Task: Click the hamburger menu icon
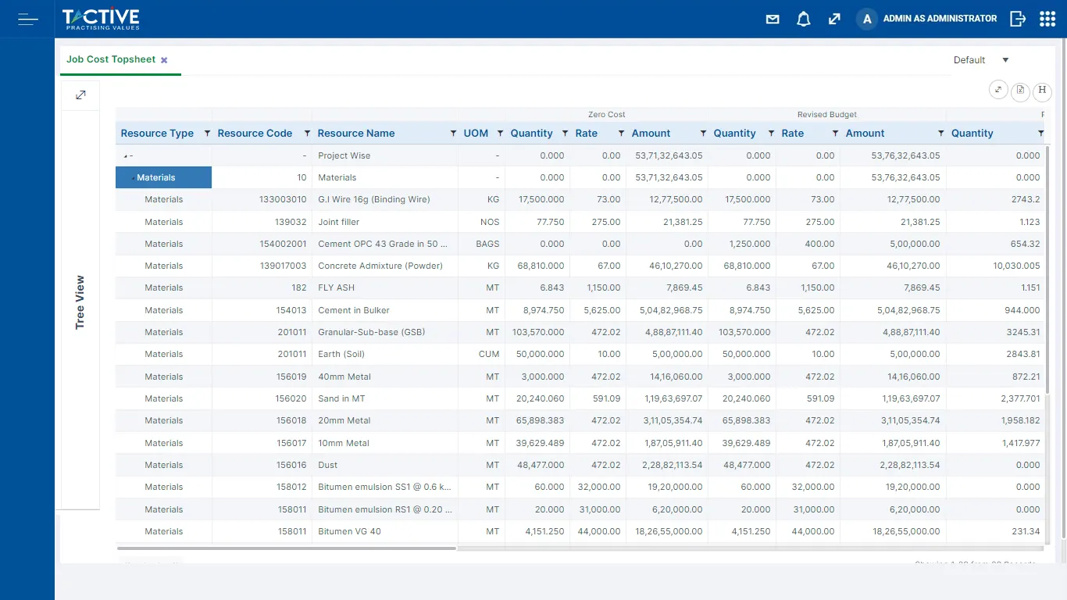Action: pos(28,19)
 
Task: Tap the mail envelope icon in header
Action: pos(773,19)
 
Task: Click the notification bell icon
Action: pos(803,19)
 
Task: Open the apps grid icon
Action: pos(1047,19)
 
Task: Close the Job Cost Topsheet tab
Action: pos(164,60)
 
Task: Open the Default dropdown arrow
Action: pos(1005,60)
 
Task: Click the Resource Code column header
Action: pos(255,133)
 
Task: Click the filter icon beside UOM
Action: pos(500,133)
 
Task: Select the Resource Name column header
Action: pos(356,133)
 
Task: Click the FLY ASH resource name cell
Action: pos(336,287)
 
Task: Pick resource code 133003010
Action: pos(283,199)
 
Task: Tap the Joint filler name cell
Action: pos(339,222)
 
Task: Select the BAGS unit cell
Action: pos(487,244)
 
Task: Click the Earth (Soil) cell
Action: pos(341,354)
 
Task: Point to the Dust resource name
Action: pos(328,465)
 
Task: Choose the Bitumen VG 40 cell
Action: pos(349,531)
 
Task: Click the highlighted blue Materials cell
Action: pos(163,177)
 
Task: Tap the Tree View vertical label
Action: pos(80,302)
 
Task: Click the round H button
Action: pos(1042,91)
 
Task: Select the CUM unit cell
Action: pos(489,354)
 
